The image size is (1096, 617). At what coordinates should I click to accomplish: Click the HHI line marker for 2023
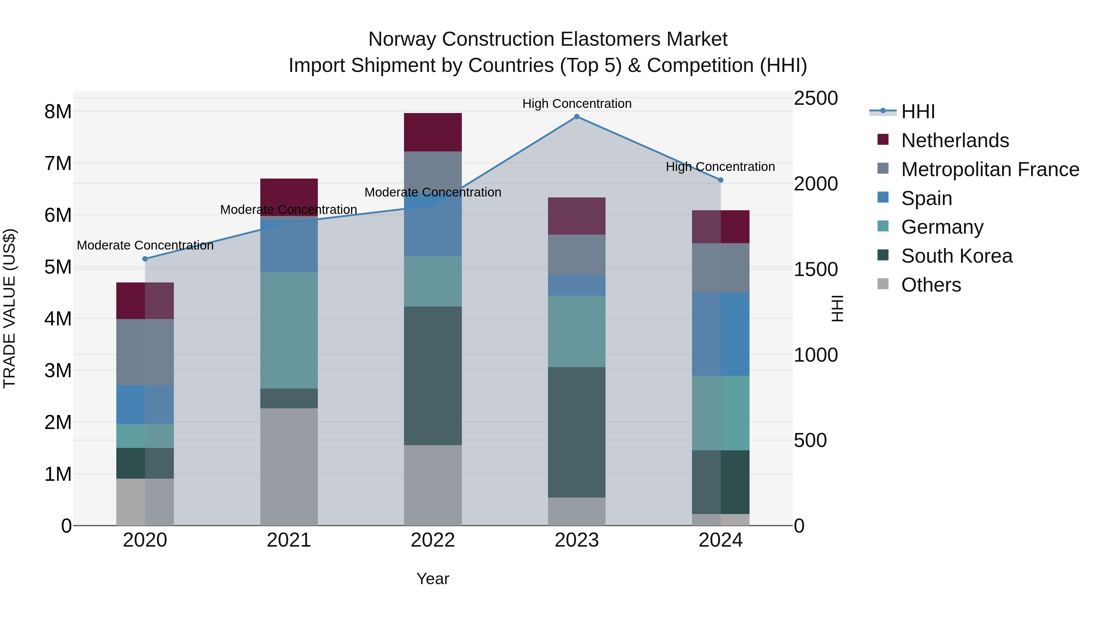[x=577, y=117]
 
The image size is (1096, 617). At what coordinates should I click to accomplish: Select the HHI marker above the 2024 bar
[x=720, y=180]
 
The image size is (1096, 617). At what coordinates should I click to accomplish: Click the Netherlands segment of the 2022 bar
[x=433, y=133]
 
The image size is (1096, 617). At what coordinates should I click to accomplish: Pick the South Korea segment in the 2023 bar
[x=577, y=432]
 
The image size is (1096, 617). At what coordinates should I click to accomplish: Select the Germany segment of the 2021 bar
[x=289, y=330]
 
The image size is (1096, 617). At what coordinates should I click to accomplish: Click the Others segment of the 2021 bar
[x=289, y=467]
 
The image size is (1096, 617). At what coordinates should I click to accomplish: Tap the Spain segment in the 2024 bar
[x=720, y=334]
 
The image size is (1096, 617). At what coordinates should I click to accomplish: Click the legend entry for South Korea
[x=957, y=256]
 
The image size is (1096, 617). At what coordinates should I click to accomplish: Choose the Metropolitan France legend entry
[x=990, y=169]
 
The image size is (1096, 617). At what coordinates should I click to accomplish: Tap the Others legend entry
[x=931, y=285]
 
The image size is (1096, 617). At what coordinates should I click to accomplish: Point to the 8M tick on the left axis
[x=58, y=112]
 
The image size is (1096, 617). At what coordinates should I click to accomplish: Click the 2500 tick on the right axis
[x=816, y=98]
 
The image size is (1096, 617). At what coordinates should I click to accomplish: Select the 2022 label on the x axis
[x=433, y=540]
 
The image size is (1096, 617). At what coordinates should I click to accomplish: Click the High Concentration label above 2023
[x=577, y=104]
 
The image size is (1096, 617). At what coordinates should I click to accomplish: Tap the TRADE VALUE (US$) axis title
[x=9, y=308]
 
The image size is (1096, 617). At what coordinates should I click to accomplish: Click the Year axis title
[x=433, y=579]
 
